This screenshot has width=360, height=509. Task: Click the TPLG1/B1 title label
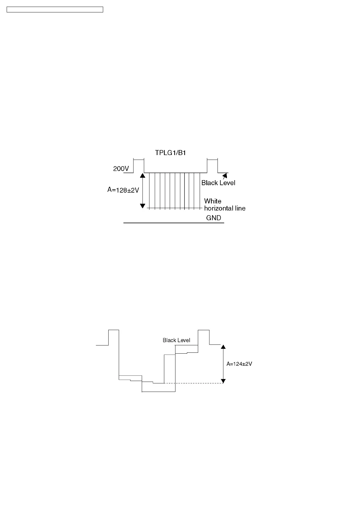click(x=170, y=153)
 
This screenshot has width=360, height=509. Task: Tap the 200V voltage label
click(x=121, y=169)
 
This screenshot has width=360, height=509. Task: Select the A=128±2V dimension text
click(x=123, y=190)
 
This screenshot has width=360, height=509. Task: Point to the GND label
click(x=213, y=218)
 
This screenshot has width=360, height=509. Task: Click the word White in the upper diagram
click(x=213, y=201)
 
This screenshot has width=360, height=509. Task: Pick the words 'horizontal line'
click(x=225, y=208)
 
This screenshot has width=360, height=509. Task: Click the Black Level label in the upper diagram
click(x=218, y=183)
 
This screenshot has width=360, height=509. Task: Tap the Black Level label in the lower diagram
click(x=176, y=340)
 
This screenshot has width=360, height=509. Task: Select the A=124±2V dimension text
click(x=239, y=364)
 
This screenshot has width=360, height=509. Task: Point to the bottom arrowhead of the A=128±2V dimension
click(x=142, y=206)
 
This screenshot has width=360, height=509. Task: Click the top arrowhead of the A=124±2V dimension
click(x=223, y=347)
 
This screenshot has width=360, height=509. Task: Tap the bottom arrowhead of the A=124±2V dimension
click(x=223, y=381)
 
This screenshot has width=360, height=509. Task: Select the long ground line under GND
click(x=174, y=223)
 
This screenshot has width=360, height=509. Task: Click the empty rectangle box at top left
click(x=55, y=10)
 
